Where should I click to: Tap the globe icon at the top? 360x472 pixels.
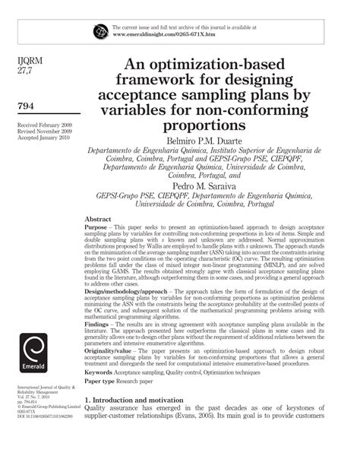[x=101, y=31]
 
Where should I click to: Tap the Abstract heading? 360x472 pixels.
[x=103, y=217]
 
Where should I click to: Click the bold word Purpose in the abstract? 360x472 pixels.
[x=99, y=226]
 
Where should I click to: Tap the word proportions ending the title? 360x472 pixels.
[x=216, y=125]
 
